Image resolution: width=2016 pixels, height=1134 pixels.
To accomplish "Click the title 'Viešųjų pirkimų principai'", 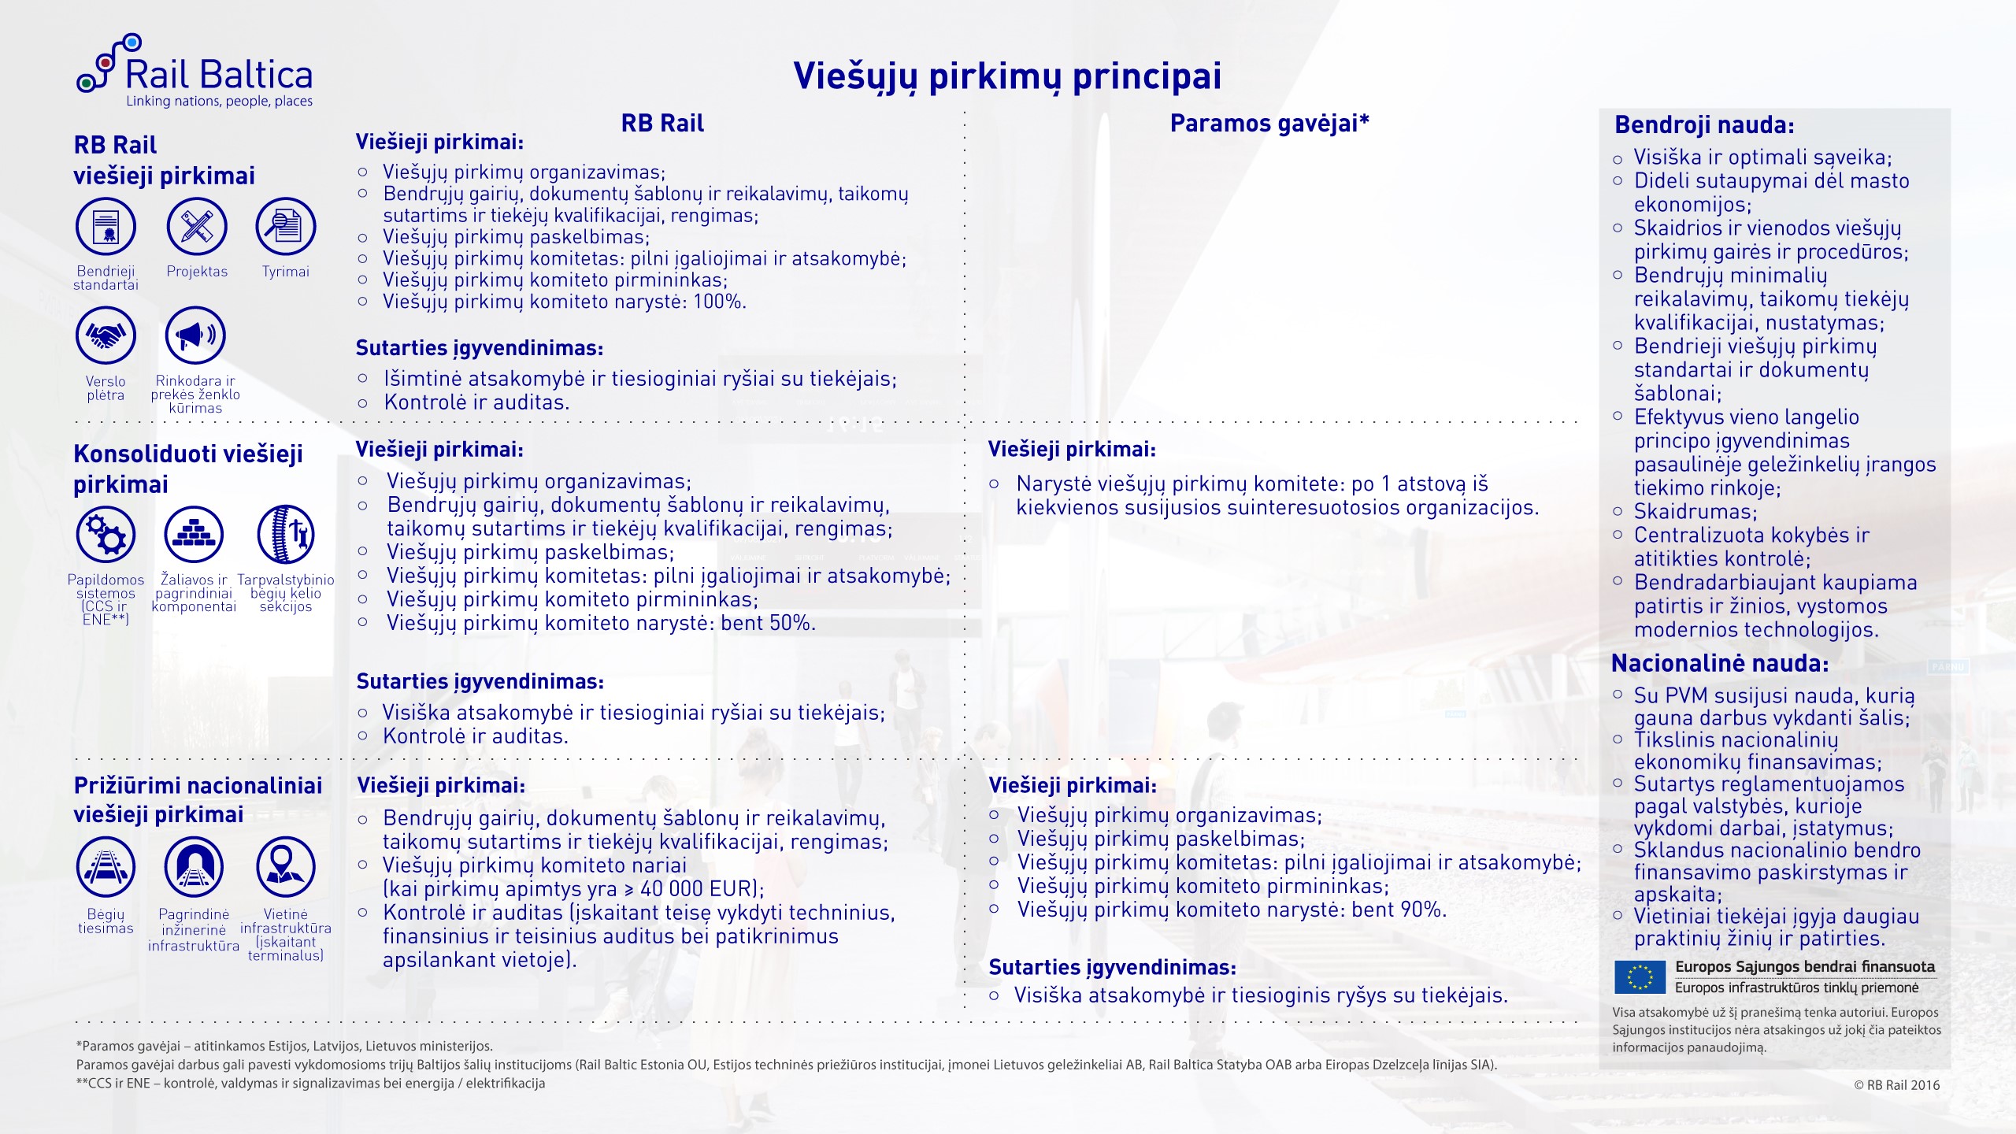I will [x=1007, y=77].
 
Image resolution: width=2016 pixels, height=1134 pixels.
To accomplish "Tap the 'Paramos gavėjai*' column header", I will [x=1269, y=124].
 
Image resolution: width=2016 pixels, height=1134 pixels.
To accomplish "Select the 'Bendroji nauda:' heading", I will [x=1704, y=125].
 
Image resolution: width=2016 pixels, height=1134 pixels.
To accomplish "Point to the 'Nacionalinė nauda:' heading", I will [x=1720, y=664].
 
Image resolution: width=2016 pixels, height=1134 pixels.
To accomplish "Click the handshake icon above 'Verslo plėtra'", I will [x=106, y=335].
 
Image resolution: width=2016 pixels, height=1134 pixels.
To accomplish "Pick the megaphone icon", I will [x=195, y=335].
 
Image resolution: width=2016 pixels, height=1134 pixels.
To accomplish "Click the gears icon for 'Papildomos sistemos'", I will [x=106, y=534].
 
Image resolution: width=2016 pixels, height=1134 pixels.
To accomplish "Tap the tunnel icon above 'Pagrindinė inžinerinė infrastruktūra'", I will [x=194, y=866].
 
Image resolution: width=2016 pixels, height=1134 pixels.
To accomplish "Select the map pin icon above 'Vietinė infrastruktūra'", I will [x=285, y=866].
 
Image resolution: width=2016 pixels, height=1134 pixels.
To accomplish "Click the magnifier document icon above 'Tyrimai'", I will [x=285, y=227].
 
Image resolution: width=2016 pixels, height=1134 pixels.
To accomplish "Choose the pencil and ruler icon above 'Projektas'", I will [x=197, y=227].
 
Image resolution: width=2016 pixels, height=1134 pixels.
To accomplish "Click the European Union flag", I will [x=1640, y=977].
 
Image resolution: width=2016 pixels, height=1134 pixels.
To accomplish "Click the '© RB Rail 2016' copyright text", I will [x=1896, y=1085].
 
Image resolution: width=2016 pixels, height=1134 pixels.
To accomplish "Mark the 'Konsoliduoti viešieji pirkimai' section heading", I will [x=187, y=469].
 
